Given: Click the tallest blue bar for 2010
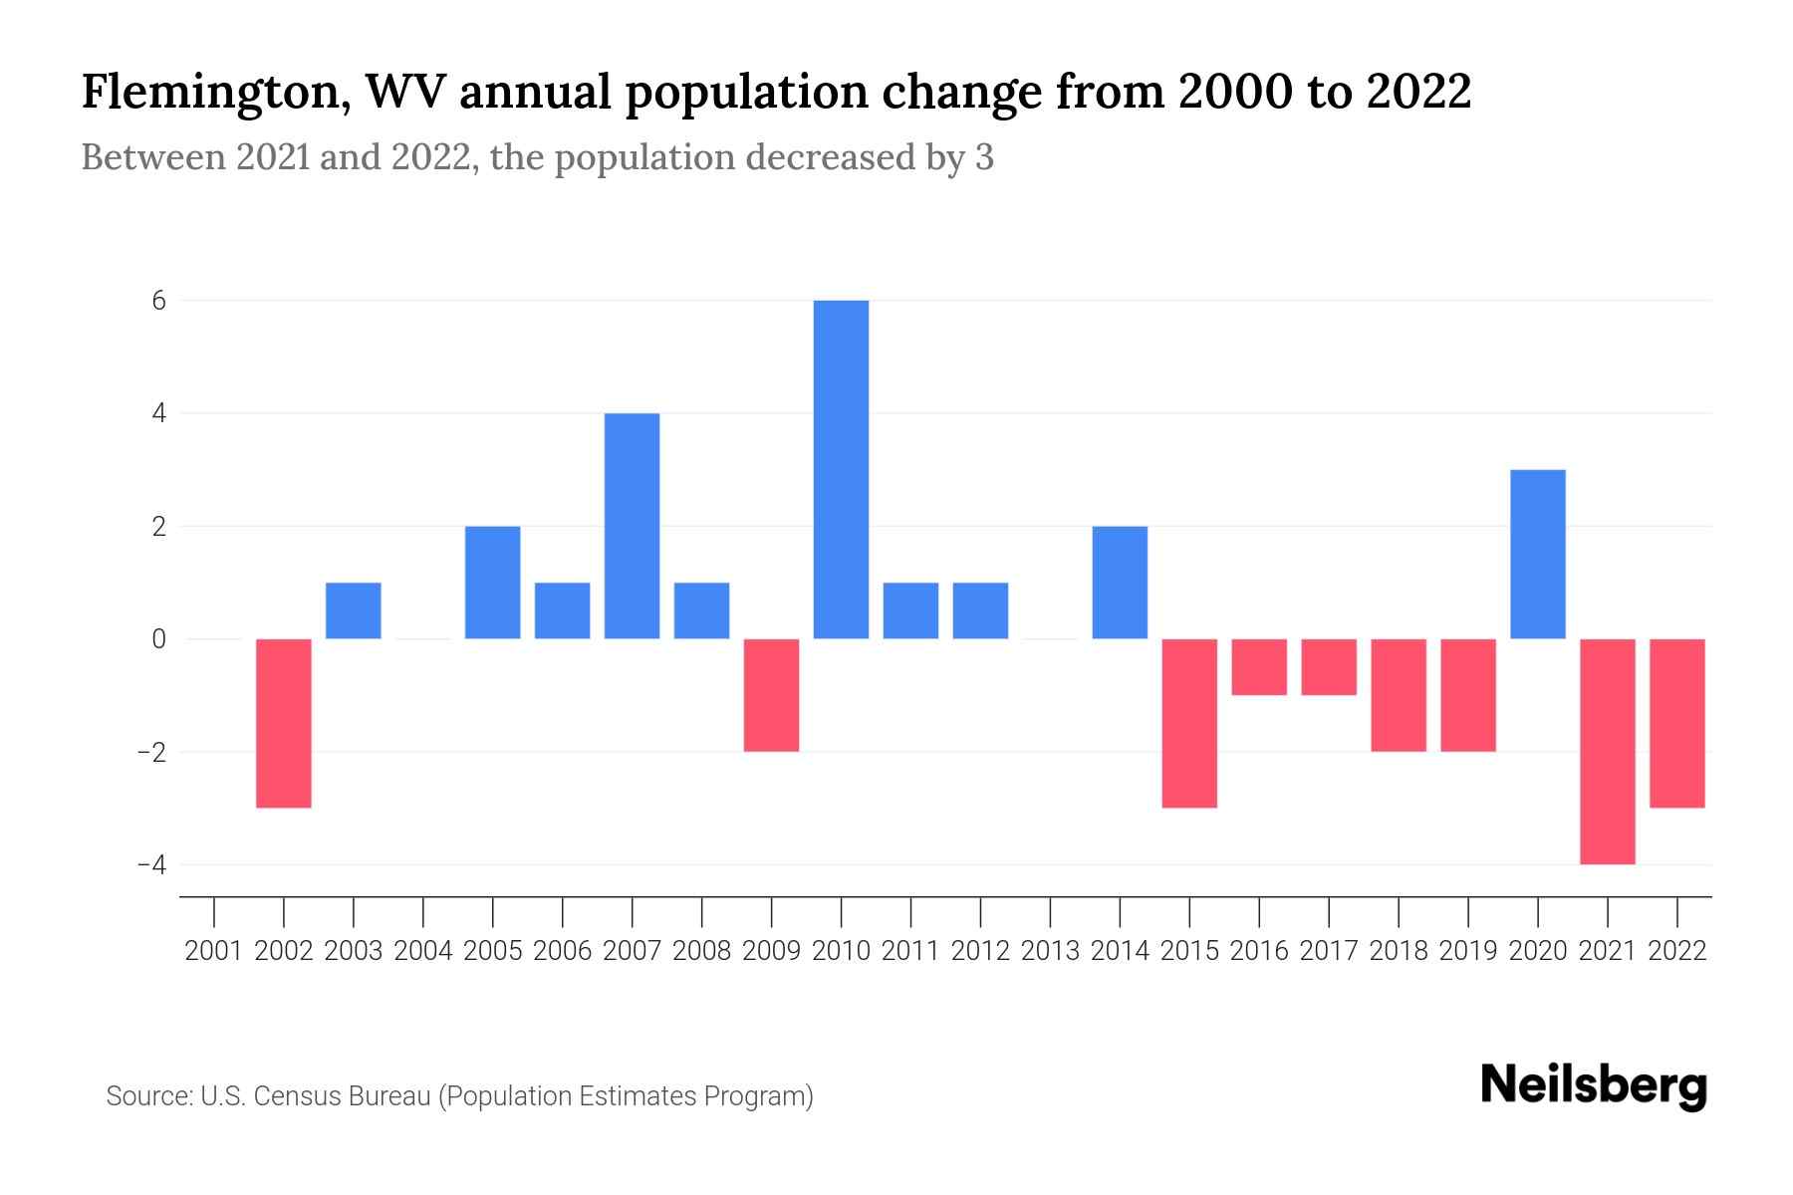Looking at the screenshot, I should (841, 469).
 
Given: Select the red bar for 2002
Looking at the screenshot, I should (284, 723).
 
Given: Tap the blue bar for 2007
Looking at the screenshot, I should (632, 526).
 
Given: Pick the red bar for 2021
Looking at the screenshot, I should (1607, 751).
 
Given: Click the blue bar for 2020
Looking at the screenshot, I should (1537, 554).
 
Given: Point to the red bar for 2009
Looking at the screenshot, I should (771, 695).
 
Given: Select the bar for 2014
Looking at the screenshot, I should (1120, 583).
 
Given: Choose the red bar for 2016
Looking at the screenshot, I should (1259, 667).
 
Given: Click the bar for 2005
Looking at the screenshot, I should (492, 583).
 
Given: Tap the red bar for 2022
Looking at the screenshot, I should (1676, 723).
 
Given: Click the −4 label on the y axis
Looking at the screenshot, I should (151, 864).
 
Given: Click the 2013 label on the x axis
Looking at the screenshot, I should (1050, 951).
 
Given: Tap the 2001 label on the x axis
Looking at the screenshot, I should (214, 951).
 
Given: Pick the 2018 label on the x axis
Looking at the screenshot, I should (1399, 951).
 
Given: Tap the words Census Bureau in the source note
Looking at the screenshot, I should (342, 1096).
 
